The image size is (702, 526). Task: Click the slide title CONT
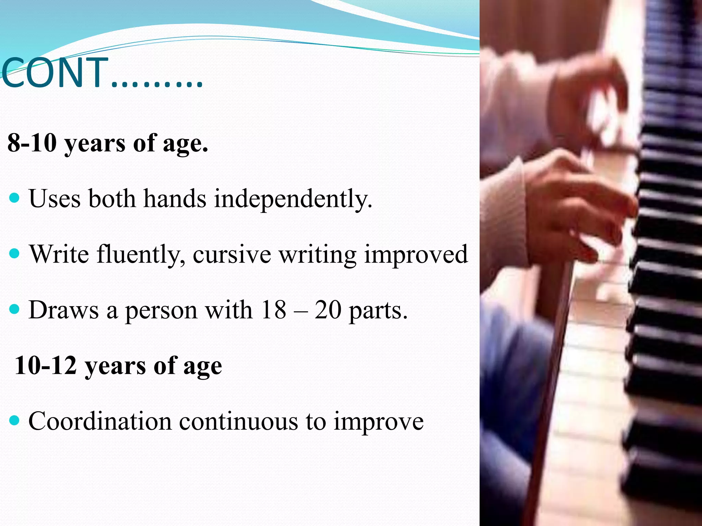(55, 73)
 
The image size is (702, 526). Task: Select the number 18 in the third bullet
(273, 310)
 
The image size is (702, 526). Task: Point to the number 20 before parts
(328, 310)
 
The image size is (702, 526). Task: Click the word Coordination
(100, 421)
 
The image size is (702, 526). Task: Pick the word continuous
(239, 421)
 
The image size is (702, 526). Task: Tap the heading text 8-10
(32, 143)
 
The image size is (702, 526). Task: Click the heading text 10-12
(46, 366)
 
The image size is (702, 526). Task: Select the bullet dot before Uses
(15, 198)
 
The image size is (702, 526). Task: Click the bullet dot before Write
(15, 254)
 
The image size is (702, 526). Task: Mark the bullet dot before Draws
(15, 310)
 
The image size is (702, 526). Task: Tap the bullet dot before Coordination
(15, 420)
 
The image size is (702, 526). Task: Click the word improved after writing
(415, 255)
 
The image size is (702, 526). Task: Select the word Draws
(64, 310)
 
